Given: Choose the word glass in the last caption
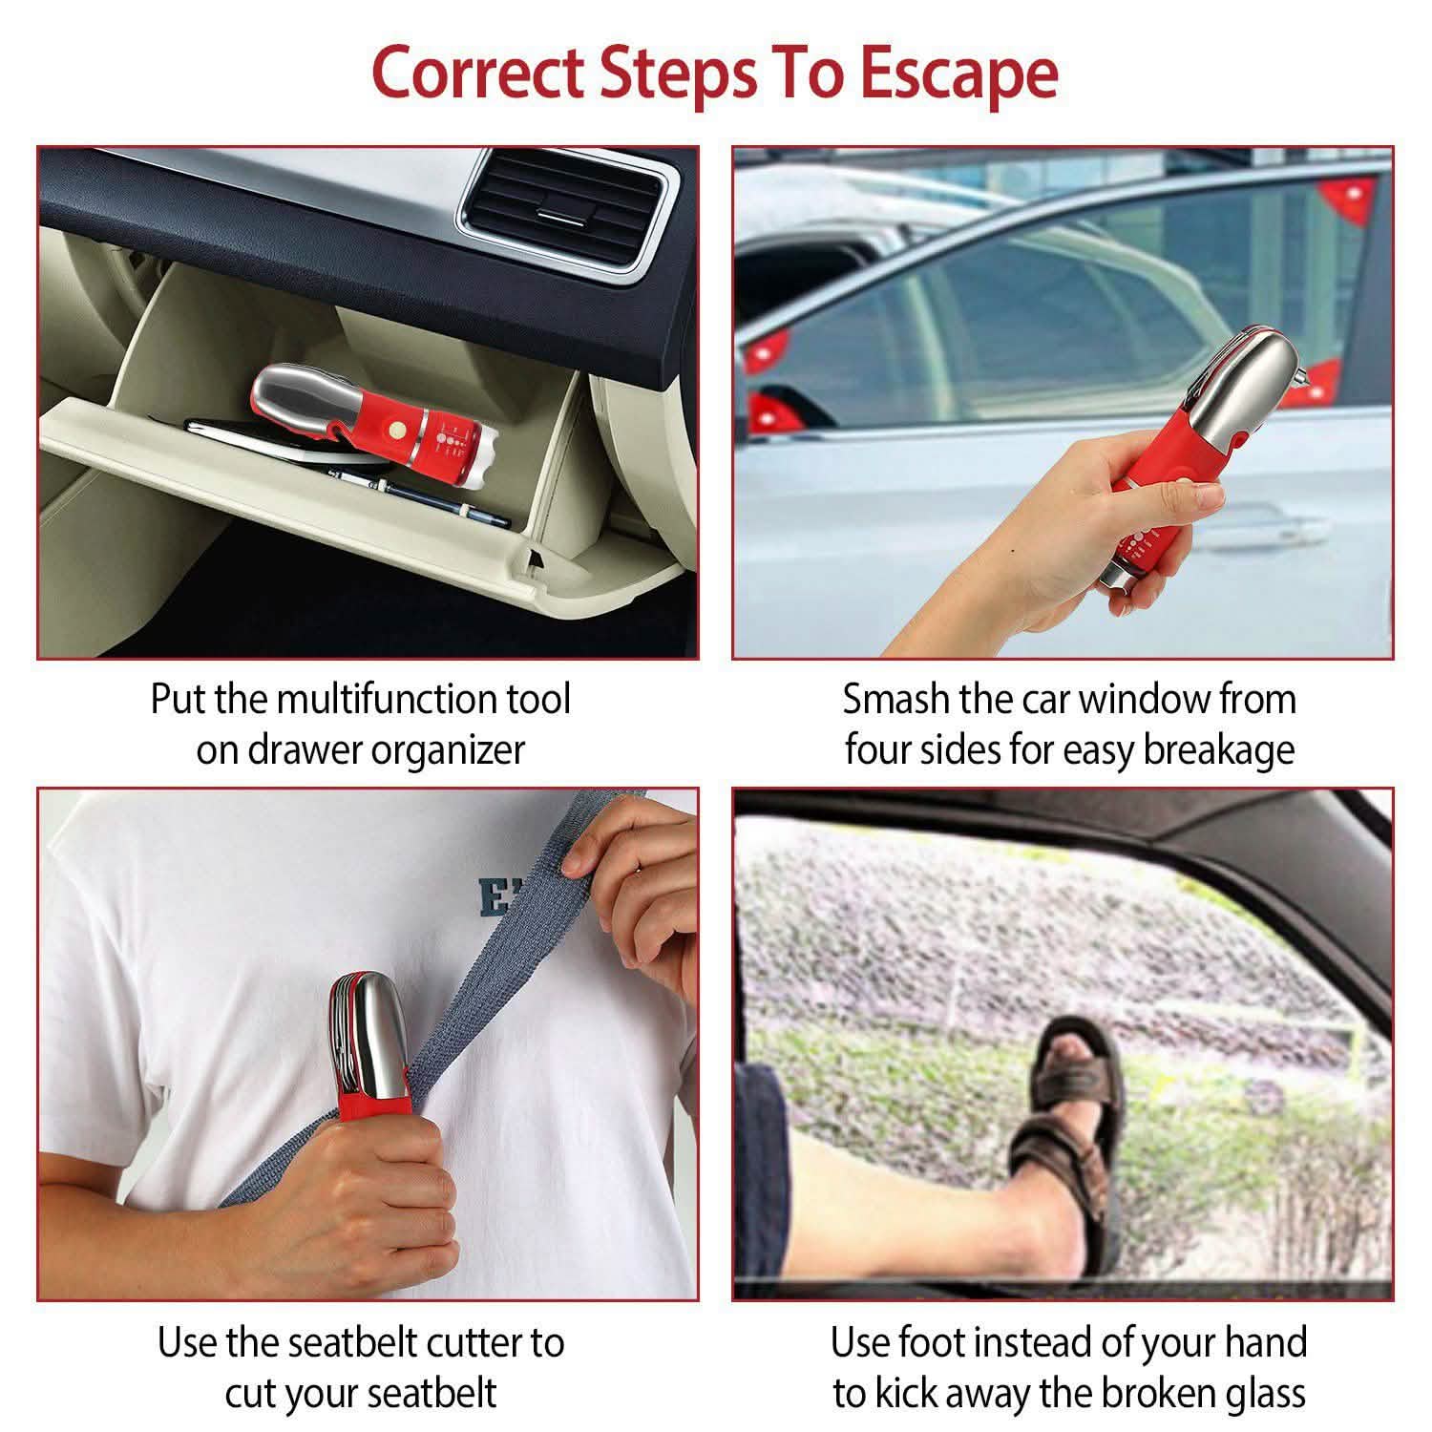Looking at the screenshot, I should pyautogui.click(x=1259, y=1393).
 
